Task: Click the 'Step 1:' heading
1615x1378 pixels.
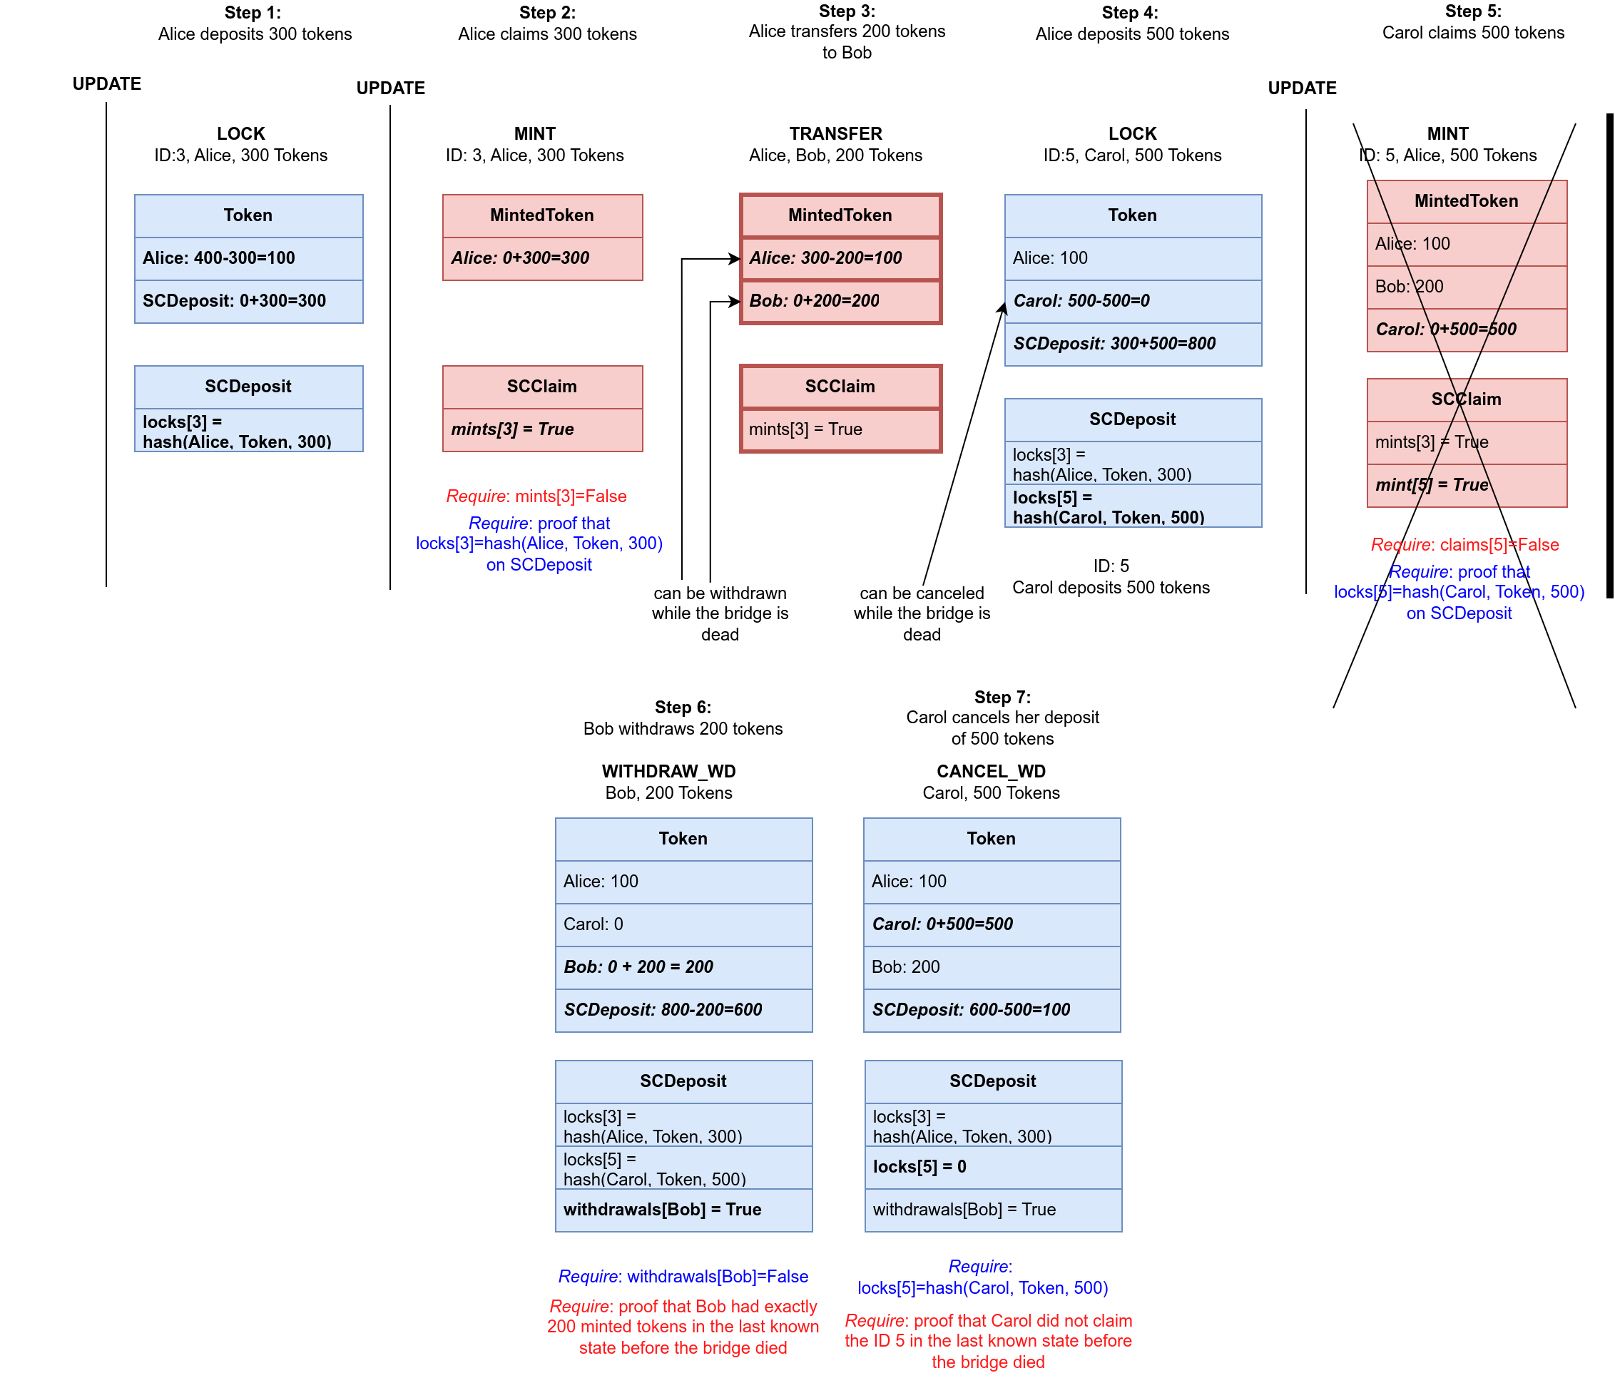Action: (253, 12)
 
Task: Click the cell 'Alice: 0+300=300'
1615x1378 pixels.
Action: (542, 258)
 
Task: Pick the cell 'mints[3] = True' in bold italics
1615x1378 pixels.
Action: (542, 429)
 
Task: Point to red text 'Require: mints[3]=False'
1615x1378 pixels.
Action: (536, 496)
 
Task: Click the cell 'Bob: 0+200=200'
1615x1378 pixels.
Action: (840, 301)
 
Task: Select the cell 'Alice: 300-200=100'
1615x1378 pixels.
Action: (840, 258)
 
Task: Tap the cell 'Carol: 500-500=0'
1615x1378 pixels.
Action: (1133, 301)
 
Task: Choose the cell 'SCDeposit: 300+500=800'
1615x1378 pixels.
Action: (1133, 344)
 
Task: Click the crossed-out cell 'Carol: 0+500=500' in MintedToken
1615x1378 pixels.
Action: (1466, 330)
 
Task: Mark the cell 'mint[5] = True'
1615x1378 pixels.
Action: (1466, 486)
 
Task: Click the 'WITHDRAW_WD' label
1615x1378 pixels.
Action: (669, 772)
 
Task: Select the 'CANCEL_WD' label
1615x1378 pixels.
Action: (991, 772)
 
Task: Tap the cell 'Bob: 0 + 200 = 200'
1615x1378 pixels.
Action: (683, 967)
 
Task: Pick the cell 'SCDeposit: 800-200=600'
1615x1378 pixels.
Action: (683, 1010)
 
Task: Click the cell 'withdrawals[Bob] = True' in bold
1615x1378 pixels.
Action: (683, 1210)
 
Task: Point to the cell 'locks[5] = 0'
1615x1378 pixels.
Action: (992, 1167)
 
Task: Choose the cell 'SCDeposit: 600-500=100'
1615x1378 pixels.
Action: (992, 1010)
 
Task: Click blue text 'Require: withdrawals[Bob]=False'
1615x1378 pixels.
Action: (683, 1277)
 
